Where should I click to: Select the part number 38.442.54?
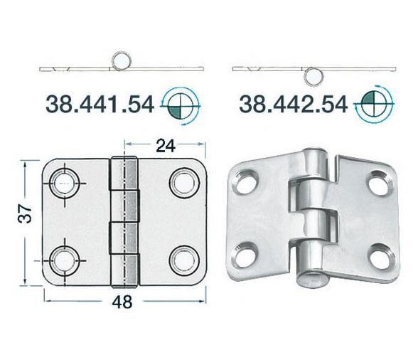pyautogui.click(x=294, y=104)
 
